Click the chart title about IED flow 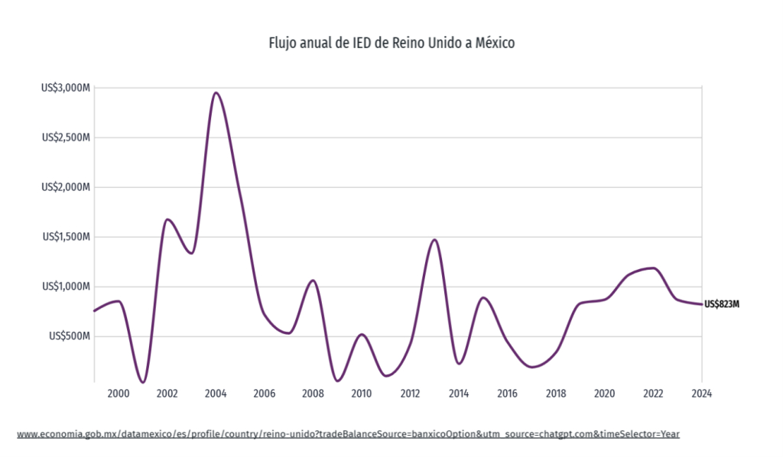(391, 43)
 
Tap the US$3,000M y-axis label (67, 88)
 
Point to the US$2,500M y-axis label (67, 138)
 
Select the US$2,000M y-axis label (67, 187)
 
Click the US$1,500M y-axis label (67, 237)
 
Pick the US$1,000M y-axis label (67, 287)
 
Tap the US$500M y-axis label (70, 336)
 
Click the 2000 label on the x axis (119, 394)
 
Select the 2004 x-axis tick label (216, 394)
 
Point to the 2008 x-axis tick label (313, 394)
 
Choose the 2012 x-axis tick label (410, 394)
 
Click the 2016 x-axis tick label (507, 394)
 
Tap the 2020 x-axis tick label (605, 394)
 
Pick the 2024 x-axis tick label (702, 394)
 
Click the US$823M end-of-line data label (722, 304)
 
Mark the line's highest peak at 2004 (216, 93)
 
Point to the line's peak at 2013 (434, 240)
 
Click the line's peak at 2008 (312, 280)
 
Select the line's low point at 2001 (143, 381)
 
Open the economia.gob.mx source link (348, 434)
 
